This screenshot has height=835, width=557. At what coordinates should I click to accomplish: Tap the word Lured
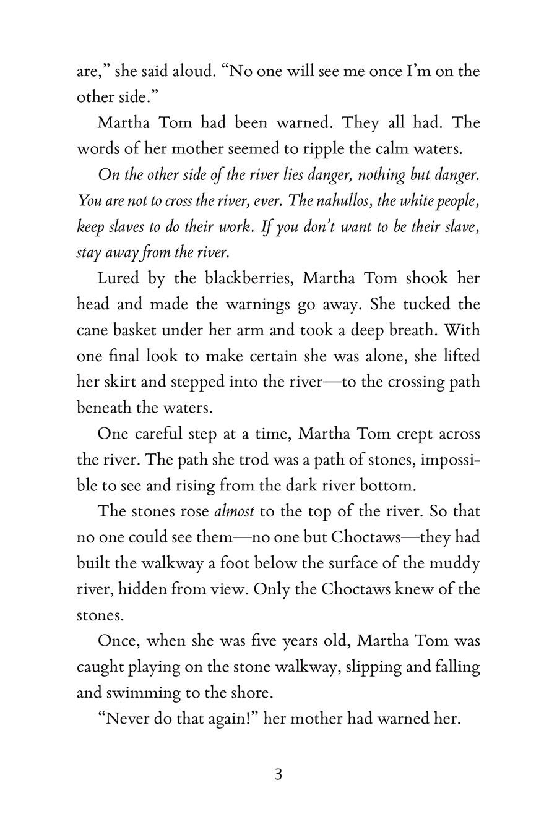118,278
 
